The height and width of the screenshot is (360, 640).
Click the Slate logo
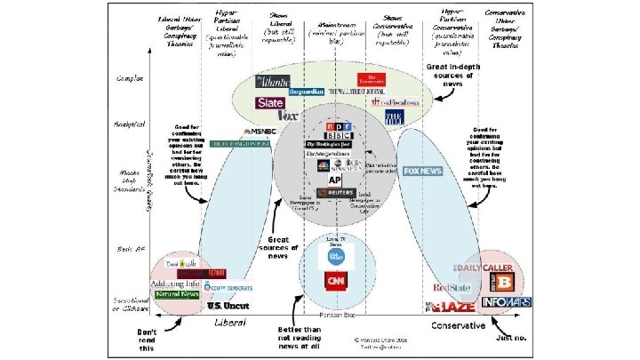(270, 102)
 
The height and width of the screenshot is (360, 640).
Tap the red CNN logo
(337, 282)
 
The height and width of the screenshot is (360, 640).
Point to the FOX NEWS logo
(422, 171)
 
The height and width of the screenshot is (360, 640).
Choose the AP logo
(323, 180)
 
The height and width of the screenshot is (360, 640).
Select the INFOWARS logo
(507, 302)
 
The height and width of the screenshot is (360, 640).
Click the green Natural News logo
(178, 294)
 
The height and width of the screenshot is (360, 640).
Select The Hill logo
(394, 116)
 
